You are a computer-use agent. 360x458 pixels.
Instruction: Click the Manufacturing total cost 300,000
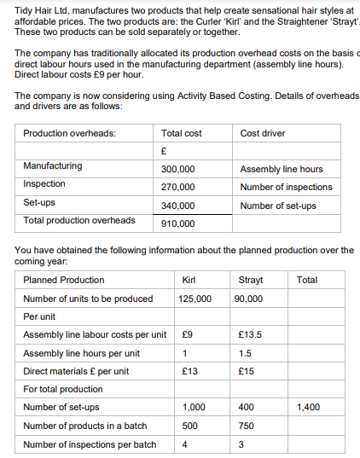coord(177,169)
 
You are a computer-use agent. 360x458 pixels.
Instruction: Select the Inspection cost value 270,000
coord(177,187)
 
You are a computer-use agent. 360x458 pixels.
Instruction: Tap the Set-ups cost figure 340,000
coord(177,206)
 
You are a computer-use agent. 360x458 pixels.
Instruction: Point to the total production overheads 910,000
coord(177,223)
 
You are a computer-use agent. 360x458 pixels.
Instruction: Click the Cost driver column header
coord(263,133)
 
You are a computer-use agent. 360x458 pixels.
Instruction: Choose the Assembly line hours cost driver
coord(282,169)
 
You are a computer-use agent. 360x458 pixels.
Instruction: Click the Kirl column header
coord(190,280)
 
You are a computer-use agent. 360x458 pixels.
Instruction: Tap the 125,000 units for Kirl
coord(195,299)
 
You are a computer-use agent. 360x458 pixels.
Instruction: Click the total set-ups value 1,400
coord(308,407)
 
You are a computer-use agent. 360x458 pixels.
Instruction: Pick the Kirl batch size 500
coord(190,426)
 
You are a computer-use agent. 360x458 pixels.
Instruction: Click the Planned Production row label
coord(64,280)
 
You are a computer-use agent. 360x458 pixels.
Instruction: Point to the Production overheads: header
coord(70,133)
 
